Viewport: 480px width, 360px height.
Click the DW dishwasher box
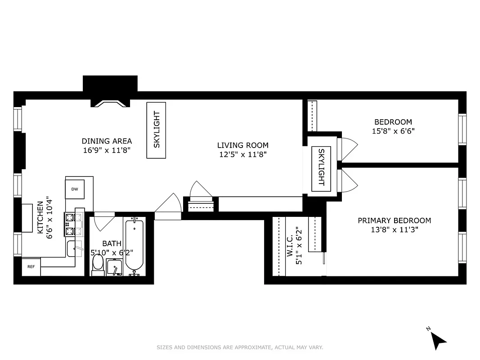[75, 189]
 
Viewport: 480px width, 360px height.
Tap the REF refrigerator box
[31, 267]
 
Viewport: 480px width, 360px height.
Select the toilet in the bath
[98, 265]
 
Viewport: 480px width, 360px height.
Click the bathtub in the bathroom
[134, 246]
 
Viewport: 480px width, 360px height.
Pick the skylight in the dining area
[156, 130]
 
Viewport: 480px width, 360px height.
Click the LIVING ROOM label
[242, 145]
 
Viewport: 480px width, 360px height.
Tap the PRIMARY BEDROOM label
[394, 220]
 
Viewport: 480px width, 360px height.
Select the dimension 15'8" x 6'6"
[393, 131]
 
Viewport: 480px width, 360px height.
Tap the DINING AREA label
[107, 141]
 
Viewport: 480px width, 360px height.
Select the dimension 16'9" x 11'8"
[107, 150]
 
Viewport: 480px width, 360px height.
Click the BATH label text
[112, 243]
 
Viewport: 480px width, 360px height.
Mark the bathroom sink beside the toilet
[114, 267]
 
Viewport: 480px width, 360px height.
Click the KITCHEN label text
[40, 217]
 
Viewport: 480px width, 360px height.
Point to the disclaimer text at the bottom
[240, 347]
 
